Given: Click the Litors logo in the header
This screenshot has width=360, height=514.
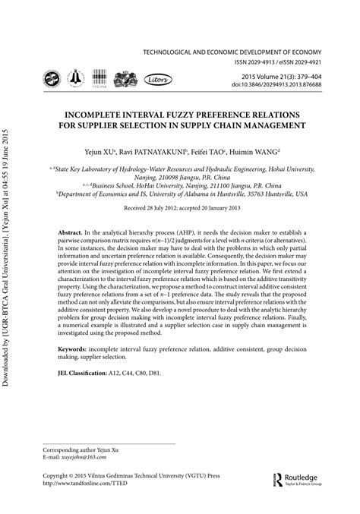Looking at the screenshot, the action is pyautogui.click(x=158, y=77).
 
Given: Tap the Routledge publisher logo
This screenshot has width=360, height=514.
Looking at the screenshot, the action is pyautogui.click(x=301, y=479).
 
